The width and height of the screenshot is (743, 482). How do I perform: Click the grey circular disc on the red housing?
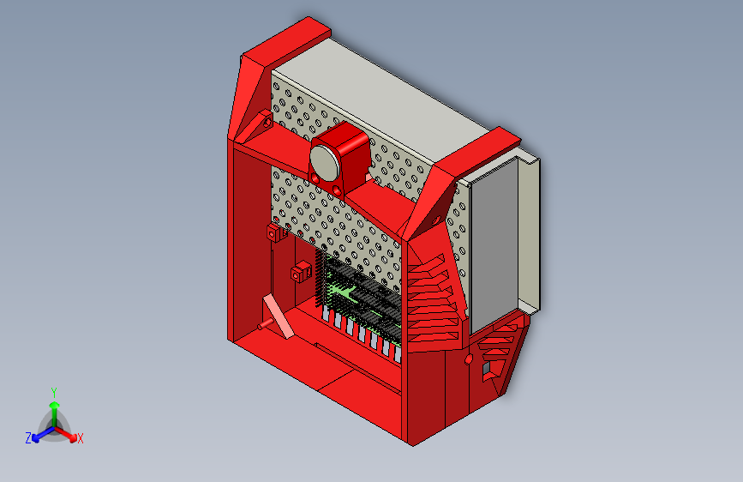coord(325,163)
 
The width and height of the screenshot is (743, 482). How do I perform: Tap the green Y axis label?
coord(54,393)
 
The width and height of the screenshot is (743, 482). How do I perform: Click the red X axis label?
coord(80,439)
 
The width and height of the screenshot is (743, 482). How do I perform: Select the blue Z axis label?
coord(28,438)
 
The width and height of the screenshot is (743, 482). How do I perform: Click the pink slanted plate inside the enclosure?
coord(279,316)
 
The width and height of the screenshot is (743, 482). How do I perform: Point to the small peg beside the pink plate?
coord(265,324)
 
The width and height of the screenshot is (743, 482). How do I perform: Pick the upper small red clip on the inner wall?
coord(276,232)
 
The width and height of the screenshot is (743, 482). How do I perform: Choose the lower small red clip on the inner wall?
coord(300,272)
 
